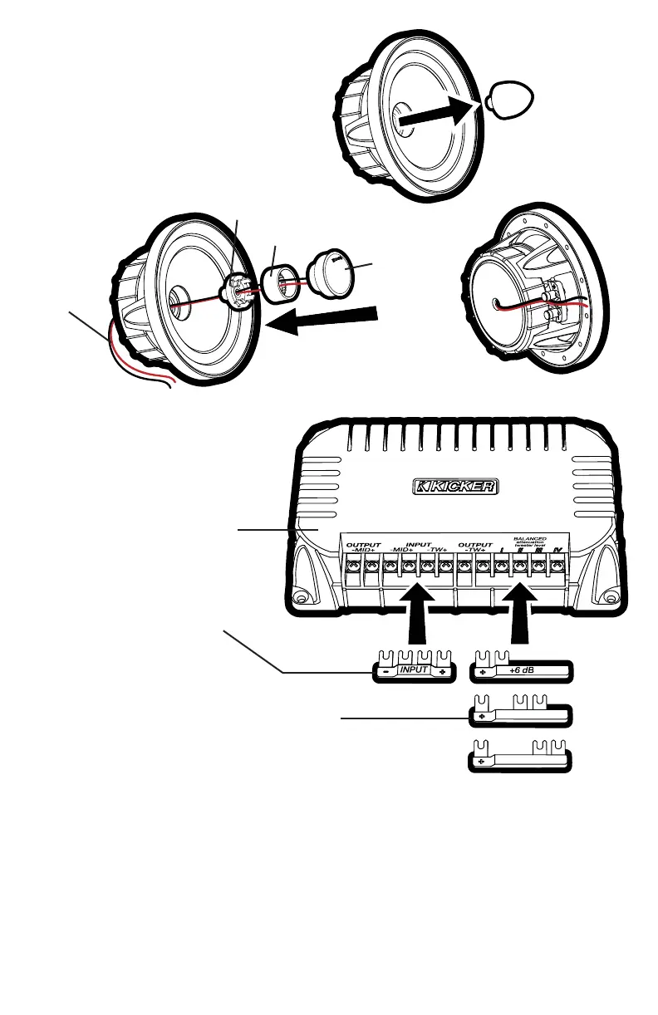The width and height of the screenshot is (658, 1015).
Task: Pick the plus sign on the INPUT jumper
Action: pyautogui.click(x=444, y=670)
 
